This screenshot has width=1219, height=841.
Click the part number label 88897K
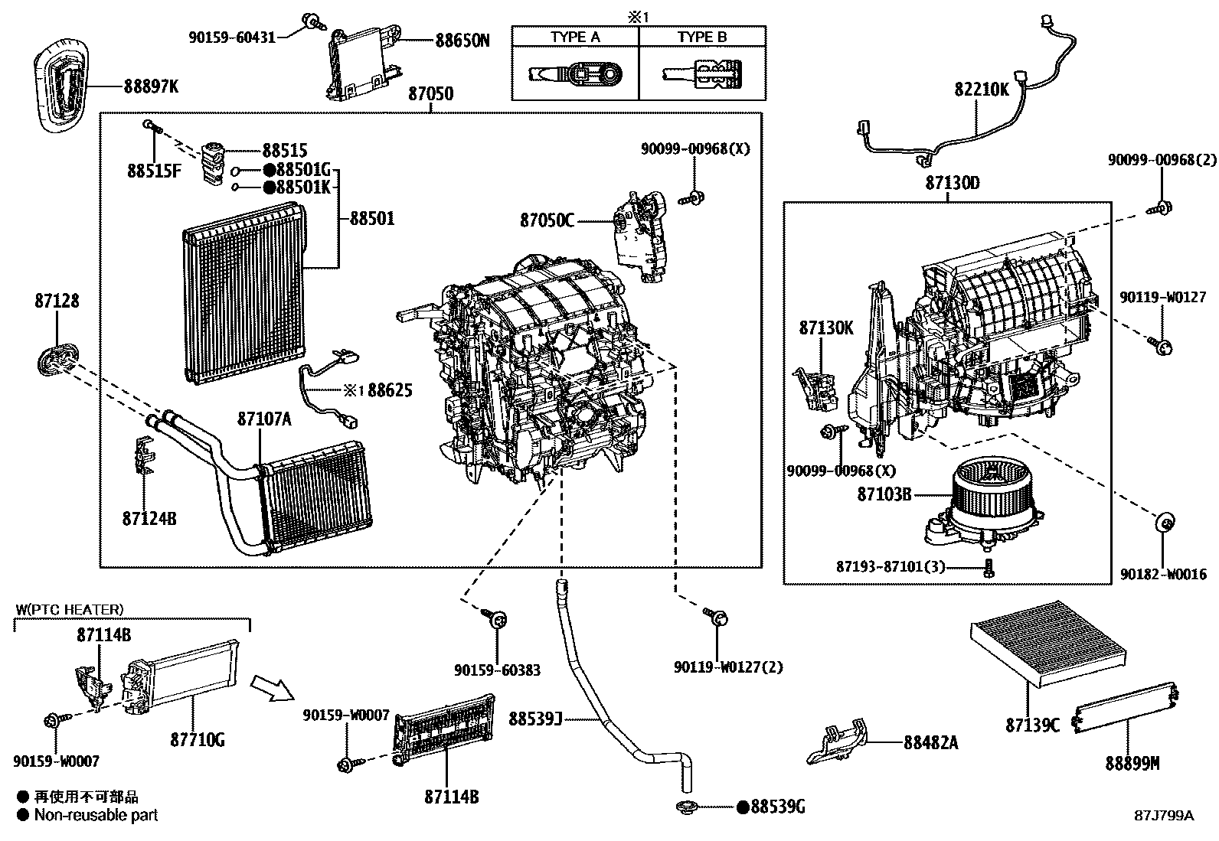pyautogui.click(x=151, y=87)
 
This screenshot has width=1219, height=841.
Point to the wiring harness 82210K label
pyautogui.click(x=982, y=90)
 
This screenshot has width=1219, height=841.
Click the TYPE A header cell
pyautogui.click(x=575, y=37)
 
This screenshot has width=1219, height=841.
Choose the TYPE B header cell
pyautogui.click(x=702, y=37)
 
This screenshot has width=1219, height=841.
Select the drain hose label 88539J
pyautogui.click(x=535, y=719)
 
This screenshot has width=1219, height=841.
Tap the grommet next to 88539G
pyautogui.click(x=686, y=807)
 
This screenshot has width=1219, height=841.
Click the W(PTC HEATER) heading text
pyautogui.click(x=69, y=610)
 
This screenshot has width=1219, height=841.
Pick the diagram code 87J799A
pyautogui.click(x=1164, y=816)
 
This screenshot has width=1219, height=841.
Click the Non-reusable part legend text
pyautogui.click(x=96, y=816)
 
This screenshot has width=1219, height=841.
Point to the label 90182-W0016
pyautogui.click(x=1163, y=574)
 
